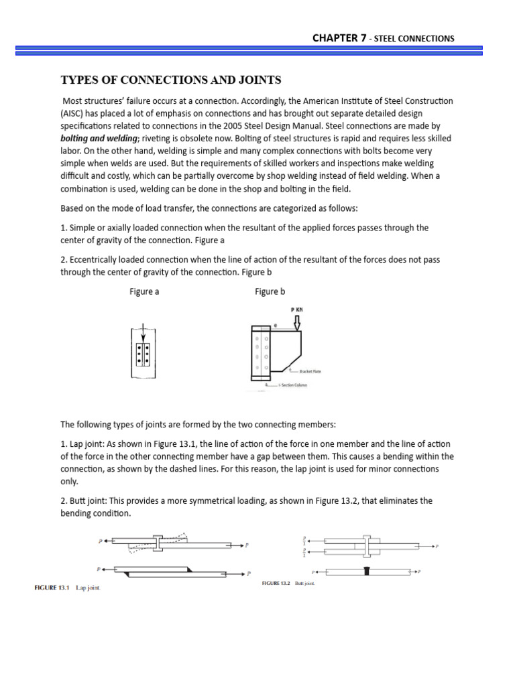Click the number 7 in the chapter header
coord(363,38)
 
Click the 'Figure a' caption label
coord(144,291)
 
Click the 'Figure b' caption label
coord(270,291)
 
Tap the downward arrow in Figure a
coord(142,333)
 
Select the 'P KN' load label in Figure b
coord(296,311)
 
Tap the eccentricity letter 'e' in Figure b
coord(275,325)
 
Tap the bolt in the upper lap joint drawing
coord(157,543)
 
